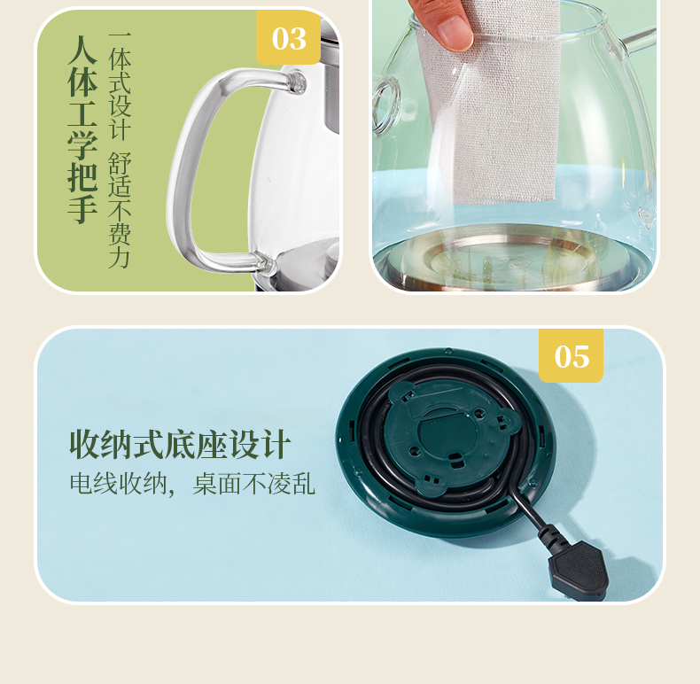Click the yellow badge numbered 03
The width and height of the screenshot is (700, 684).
(288, 37)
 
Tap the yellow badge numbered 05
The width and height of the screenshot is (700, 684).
(571, 356)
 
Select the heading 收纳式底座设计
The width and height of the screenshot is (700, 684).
(181, 444)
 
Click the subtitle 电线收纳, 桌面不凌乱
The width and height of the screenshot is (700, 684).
(192, 484)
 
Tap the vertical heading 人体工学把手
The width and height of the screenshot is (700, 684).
(82, 129)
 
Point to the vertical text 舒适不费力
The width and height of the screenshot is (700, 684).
(120, 210)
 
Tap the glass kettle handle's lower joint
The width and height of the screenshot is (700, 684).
(263, 262)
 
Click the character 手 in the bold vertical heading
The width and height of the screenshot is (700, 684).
(82, 209)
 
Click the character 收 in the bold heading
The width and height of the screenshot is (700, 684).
(85, 444)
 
